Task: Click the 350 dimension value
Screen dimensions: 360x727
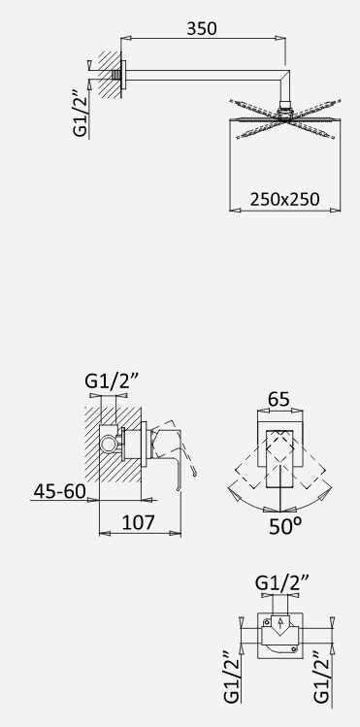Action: [x=202, y=29]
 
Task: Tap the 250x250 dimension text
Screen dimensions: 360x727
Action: [x=285, y=199]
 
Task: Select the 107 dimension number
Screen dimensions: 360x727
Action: [x=138, y=522]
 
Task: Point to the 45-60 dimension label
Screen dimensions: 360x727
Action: [x=60, y=491]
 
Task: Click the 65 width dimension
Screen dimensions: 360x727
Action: [x=278, y=399]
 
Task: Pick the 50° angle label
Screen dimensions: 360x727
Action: [x=285, y=526]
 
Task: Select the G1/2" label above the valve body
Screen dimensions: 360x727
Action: [x=282, y=581]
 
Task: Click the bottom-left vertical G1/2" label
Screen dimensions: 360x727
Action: [x=232, y=677]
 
